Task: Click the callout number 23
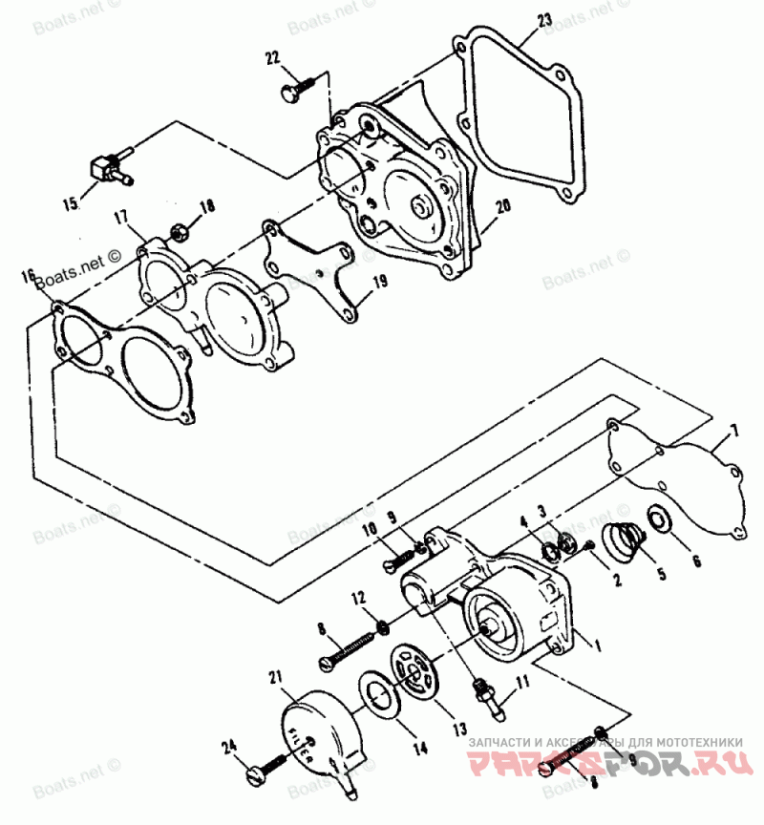tap(544, 20)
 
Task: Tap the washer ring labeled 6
tap(658, 519)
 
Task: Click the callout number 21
tap(276, 679)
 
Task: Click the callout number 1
tap(598, 645)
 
